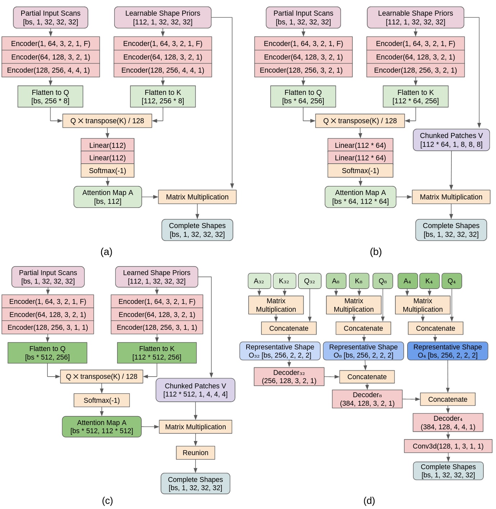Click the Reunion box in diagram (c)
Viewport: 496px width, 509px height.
(x=195, y=453)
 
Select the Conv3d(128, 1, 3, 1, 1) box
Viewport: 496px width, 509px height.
(x=448, y=446)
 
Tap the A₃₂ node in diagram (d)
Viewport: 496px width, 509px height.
(x=259, y=281)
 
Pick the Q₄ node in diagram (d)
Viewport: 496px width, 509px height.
(x=451, y=281)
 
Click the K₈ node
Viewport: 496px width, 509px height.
(x=358, y=281)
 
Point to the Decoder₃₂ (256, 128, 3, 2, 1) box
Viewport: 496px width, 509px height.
(x=289, y=377)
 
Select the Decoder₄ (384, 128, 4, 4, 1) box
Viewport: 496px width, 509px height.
(x=448, y=423)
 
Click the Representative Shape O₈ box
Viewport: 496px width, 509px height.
(x=363, y=351)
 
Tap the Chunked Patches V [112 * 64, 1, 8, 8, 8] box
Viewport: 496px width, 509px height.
(x=451, y=140)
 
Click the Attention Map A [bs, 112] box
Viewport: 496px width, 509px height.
(x=107, y=197)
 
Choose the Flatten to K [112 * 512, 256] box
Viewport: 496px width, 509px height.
(x=157, y=353)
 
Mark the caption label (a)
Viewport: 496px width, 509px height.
(x=106, y=252)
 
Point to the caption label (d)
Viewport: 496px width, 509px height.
(x=369, y=501)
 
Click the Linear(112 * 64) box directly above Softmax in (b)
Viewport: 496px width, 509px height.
(x=360, y=158)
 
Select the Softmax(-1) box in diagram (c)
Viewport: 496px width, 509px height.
(x=102, y=400)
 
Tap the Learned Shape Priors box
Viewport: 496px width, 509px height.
(x=157, y=277)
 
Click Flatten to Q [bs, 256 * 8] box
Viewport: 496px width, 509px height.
(x=50, y=96)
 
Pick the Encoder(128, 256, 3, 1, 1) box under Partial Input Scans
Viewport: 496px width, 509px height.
(x=48, y=327)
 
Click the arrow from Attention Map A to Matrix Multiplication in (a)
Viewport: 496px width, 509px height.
(x=150, y=197)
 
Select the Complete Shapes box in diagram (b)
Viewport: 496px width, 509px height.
(x=451, y=230)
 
